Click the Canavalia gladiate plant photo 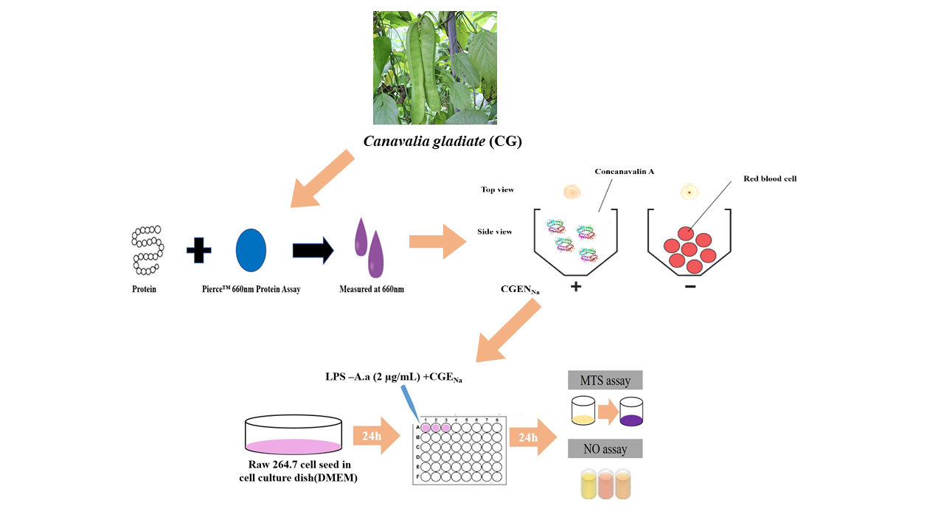pos(434,67)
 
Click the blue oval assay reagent pos(251,250)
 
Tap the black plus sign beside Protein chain pos(198,250)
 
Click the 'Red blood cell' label pos(771,178)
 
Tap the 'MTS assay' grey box pos(605,381)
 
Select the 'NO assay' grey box pos(605,448)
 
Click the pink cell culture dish pos(294,435)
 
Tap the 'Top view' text pos(497,190)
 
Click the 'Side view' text pos(494,232)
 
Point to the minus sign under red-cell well pos(690,286)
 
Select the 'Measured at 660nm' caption pos(371,289)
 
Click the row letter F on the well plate pos(418,476)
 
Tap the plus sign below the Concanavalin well pos(576,287)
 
